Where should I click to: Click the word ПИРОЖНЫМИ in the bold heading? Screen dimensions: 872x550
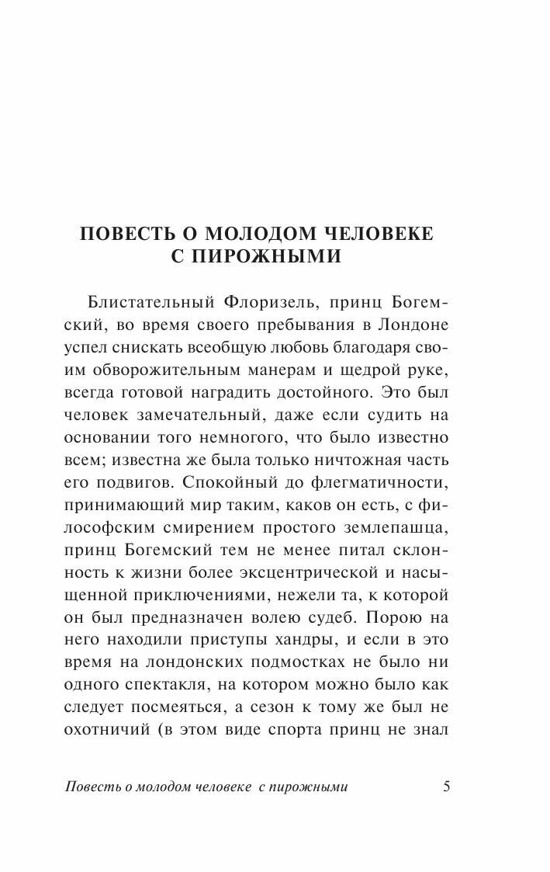pyautogui.click(x=274, y=255)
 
